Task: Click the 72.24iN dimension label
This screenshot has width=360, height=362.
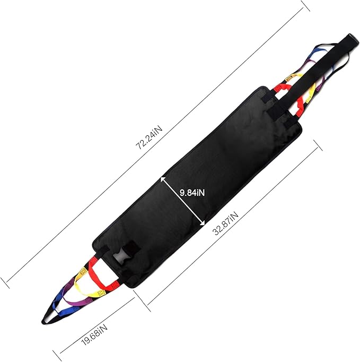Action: pos(149,138)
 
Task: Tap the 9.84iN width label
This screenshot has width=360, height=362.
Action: pos(192,192)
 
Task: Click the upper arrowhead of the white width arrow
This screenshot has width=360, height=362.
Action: pos(163,179)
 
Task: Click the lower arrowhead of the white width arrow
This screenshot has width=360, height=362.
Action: pos(202,222)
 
